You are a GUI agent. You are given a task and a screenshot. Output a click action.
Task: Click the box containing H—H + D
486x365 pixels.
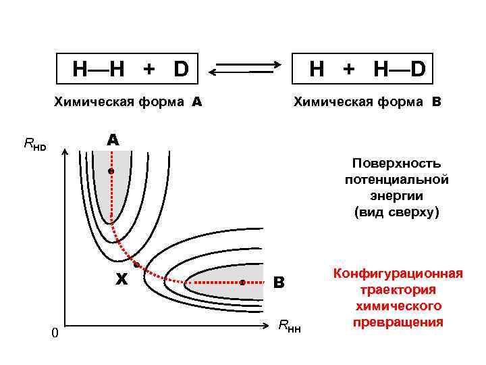tap(122, 68)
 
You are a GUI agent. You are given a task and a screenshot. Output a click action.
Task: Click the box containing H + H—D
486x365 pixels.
tap(362, 68)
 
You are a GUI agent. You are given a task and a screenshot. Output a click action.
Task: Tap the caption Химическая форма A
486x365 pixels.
tap(128, 103)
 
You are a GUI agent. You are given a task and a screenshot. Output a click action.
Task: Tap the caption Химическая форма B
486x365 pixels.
tap(367, 103)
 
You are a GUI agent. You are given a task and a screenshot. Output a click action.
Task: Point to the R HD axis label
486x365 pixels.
tap(35, 143)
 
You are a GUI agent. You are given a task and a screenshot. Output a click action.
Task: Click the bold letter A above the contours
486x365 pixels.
tap(112, 140)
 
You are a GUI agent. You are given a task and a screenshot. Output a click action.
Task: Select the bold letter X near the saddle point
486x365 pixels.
tap(122, 278)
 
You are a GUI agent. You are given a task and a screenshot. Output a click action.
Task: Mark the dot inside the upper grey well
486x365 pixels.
tap(111, 172)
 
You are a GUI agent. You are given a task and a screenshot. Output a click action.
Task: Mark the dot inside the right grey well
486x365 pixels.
tap(242, 283)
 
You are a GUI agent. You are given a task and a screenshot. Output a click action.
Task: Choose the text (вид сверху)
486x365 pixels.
tap(396, 212)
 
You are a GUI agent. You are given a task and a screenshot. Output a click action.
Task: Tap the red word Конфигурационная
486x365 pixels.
tap(397, 273)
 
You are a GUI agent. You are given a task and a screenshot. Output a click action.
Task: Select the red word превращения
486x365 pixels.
tap(397, 321)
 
